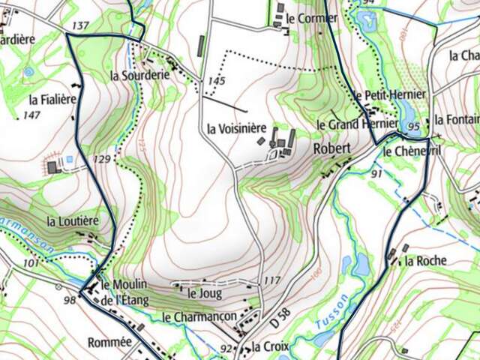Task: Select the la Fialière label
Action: pyautogui.click(x=54, y=98)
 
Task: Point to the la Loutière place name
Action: pyautogui.click(x=73, y=221)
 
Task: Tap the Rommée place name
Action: pyautogui.click(x=110, y=342)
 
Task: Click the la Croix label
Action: pyautogui.click(x=266, y=346)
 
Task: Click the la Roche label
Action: pyautogui.click(x=425, y=261)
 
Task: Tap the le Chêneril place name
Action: pyautogui.click(x=409, y=151)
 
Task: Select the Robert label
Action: pyautogui.click(x=331, y=148)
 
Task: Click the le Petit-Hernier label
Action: pyautogui.click(x=390, y=94)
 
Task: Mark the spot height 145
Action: pyautogui.click(x=217, y=80)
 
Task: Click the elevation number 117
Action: pyautogui.click(x=272, y=280)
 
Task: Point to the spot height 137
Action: pyautogui.click(x=79, y=26)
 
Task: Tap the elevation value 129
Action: pyautogui.click(x=102, y=159)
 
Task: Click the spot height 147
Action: pyautogui.click(x=31, y=115)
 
